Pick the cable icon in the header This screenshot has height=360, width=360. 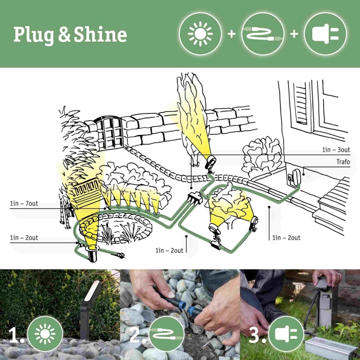tap(262, 34)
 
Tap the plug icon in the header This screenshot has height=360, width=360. tap(325, 34)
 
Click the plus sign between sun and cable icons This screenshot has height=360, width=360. tap(231, 34)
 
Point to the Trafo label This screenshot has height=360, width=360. tap(343, 162)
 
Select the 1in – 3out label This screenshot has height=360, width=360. tap(336, 149)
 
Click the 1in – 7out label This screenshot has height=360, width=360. tap(24, 203)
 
